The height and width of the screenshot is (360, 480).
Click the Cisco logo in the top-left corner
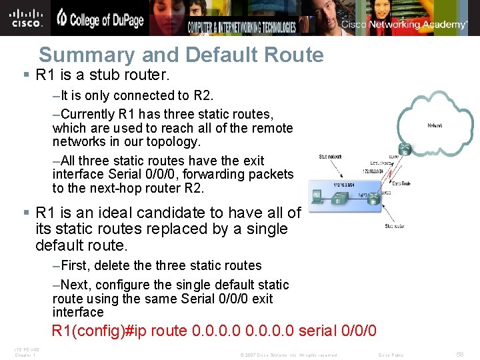[x=27, y=17]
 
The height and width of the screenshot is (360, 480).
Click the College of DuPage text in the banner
[x=100, y=19]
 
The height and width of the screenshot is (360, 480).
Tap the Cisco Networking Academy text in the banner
[x=404, y=25]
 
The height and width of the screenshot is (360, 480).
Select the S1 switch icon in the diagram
[x=338, y=198]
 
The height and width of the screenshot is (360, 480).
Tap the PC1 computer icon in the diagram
[x=317, y=197]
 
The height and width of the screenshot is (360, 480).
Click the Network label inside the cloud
[x=435, y=125]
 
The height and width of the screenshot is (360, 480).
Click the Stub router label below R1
[x=395, y=227]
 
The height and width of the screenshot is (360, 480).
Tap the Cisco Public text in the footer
[x=391, y=355]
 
